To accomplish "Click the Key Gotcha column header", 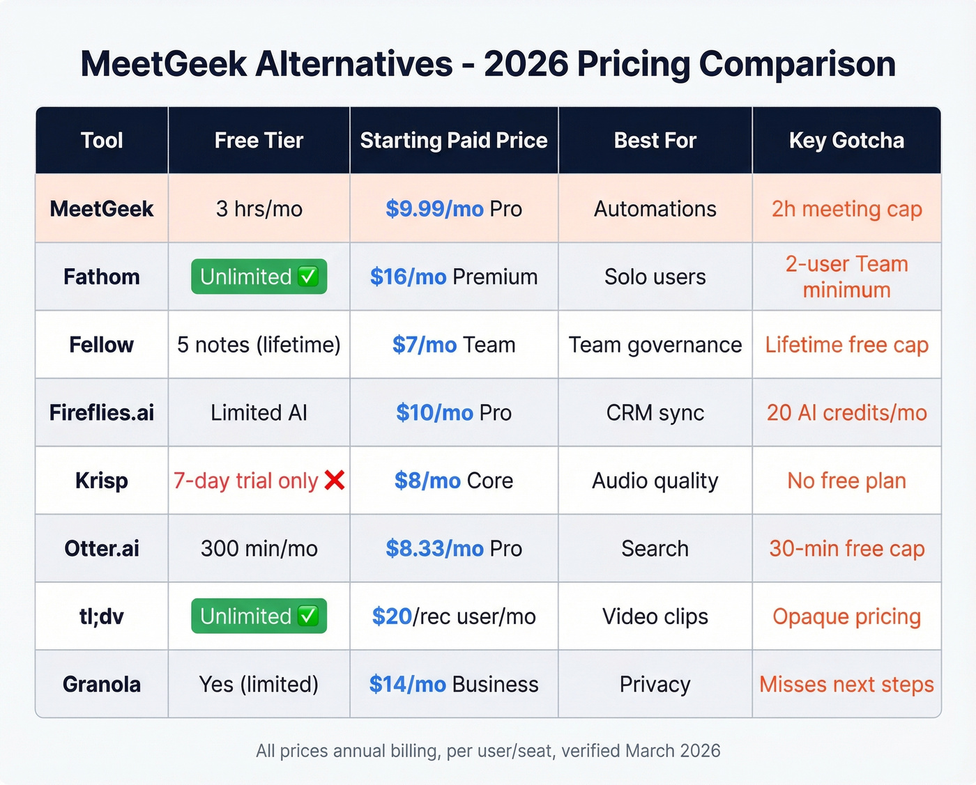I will tap(846, 140).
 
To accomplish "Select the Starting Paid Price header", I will tap(454, 140).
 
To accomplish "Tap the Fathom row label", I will tap(102, 277).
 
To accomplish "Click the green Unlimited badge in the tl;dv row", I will tap(259, 616).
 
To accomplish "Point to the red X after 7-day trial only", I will tap(335, 480).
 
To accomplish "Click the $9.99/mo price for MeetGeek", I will tap(434, 209).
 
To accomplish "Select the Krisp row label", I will tap(102, 481).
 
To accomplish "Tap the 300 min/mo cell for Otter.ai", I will tap(259, 549).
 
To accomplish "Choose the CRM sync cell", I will tap(655, 412).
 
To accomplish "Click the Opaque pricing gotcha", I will tap(846, 616).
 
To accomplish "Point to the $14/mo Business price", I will tap(454, 685).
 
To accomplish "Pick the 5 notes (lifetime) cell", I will tap(259, 345).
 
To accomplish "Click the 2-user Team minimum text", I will tap(846, 277).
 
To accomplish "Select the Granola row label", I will tap(102, 685).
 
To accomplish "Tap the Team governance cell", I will tap(655, 345).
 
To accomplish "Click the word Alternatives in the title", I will tap(354, 64).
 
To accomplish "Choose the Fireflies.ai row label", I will tap(102, 412).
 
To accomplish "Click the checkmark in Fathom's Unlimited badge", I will tap(307, 277).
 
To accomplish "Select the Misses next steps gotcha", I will tap(846, 685).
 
